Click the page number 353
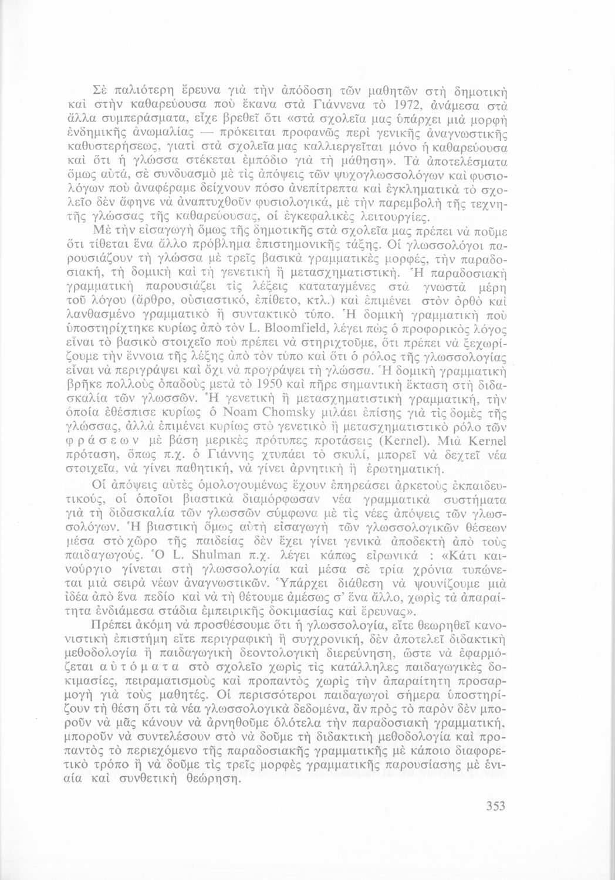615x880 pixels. click(x=495, y=806)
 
